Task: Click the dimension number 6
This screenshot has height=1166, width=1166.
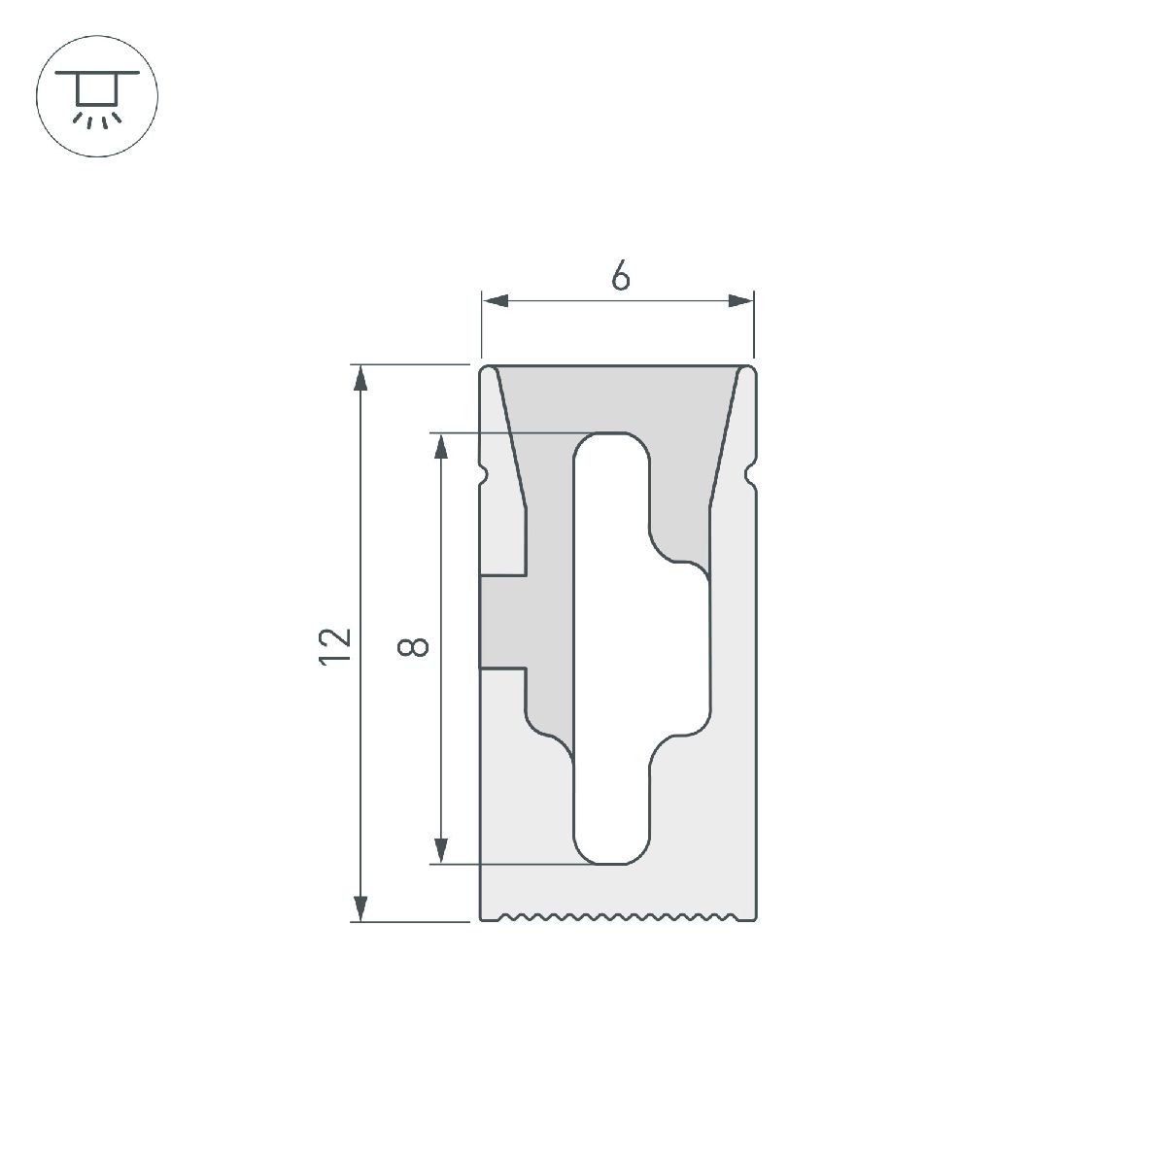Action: point(620,277)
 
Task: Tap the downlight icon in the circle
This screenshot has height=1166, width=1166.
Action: point(96,97)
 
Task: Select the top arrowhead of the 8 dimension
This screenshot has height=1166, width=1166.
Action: point(442,445)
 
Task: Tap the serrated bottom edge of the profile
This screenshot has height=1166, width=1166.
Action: point(618,916)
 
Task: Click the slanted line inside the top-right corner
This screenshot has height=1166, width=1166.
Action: point(724,437)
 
